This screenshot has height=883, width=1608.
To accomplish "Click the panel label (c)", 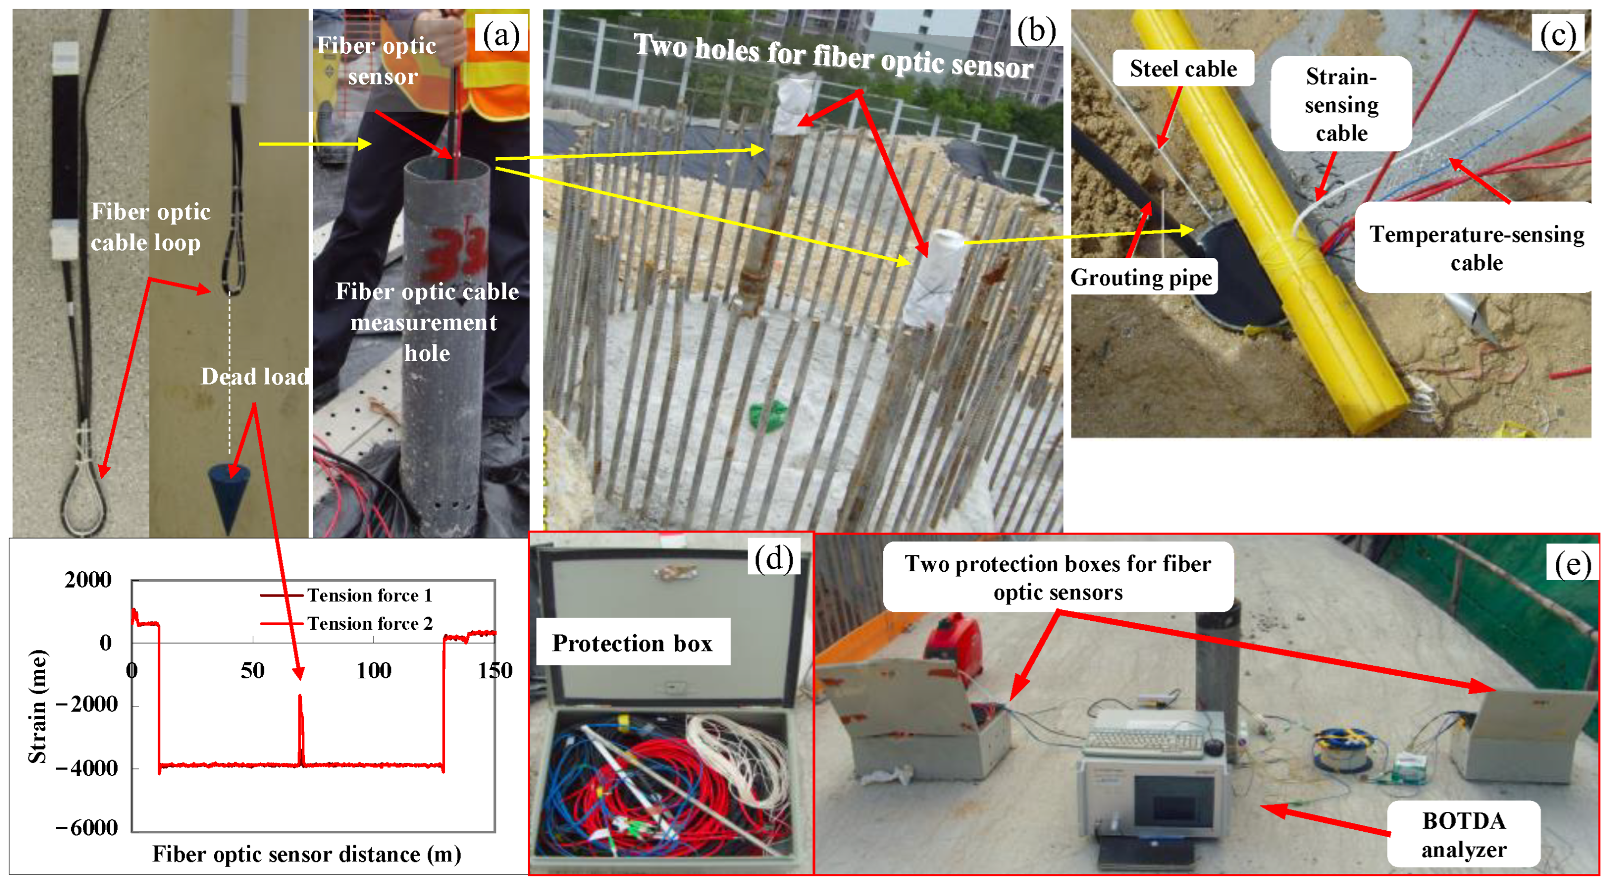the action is coord(1557,34).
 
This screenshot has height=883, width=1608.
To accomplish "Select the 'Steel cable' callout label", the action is coord(1183,68).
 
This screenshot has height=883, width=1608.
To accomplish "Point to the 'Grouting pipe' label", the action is coord(1141,277).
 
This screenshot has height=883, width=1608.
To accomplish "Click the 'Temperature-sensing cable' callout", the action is coord(1476,248).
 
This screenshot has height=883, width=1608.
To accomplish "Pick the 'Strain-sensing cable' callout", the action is coord(1341,104).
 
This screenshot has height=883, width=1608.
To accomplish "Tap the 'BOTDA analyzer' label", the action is coord(1463,834).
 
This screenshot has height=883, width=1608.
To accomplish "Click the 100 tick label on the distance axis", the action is coord(374,671).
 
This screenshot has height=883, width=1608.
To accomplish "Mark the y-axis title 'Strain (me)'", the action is coord(37,706).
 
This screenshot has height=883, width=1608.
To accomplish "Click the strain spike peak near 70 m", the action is coord(300,695).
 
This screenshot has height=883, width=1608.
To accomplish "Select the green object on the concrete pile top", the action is coord(769,415).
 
